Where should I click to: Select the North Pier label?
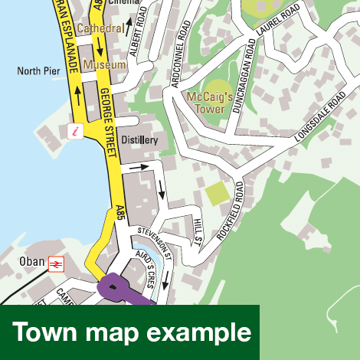click(x=39, y=71)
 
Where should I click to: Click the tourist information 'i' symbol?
click(x=75, y=131)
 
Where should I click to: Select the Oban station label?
click(x=32, y=261)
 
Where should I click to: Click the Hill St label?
click(x=197, y=232)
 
